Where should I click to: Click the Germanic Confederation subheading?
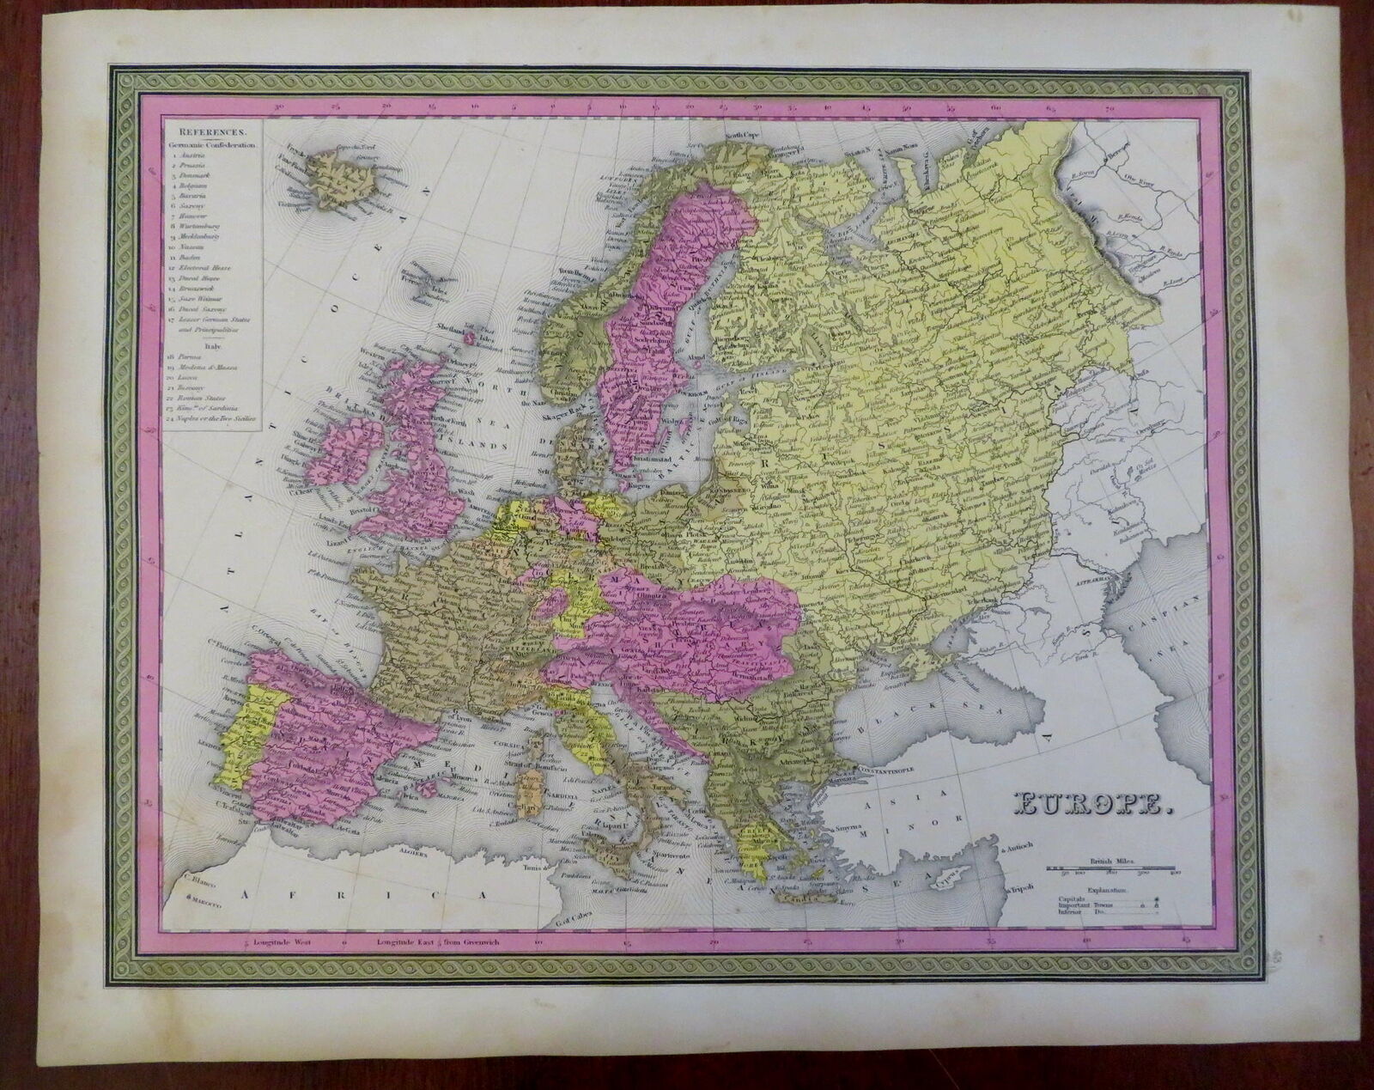210,146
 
